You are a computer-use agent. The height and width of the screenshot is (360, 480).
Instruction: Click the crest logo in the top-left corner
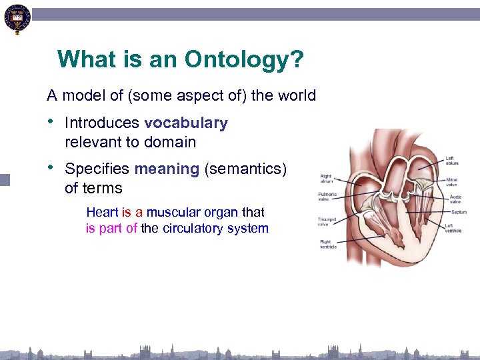pyautogui.click(x=17, y=19)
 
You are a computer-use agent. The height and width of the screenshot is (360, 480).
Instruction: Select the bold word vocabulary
pyautogui.click(x=185, y=123)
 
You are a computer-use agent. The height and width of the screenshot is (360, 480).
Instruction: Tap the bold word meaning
pyautogui.click(x=167, y=169)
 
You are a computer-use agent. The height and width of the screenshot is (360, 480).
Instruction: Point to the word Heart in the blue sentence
pyautogui.click(x=102, y=213)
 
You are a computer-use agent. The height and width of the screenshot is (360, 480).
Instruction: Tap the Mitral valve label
pyautogui.click(x=452, y=181)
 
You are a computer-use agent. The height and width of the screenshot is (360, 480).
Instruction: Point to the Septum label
pyautogui.click(x=458, y=213)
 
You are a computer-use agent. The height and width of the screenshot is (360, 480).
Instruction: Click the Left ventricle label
pyautogui.click(x=453, y=228)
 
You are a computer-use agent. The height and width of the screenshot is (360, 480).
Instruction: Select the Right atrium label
pyautogui.click(x=325, y=179)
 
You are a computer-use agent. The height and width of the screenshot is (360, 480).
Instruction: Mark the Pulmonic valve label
pyautogui.click(x=328, y=197)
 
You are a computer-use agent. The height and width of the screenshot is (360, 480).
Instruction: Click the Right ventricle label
pyautogui.click(x=327, y=244)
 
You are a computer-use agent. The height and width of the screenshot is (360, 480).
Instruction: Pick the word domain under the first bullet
pyautogui.click(x=173, y=142)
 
